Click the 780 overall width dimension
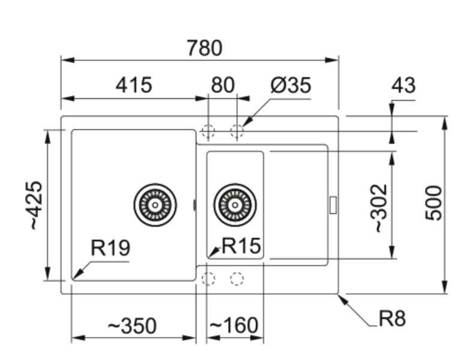(x=204, y=47)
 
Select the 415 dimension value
(x=134, y=85)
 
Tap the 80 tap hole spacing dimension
(x=222, y=85)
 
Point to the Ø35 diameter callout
(x=291, y=85)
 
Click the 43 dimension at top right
(x=403, y=85)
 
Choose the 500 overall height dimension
(x=433, y=203)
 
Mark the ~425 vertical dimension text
(x=35, y=205)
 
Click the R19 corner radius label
(x=110, y=247)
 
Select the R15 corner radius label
(x=241, y=246)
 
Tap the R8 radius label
(x=392, y=319)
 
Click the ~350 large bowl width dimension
(x=132, y=326)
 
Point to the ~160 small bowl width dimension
(x=234, y=326)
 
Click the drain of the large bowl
(x=155, y=205)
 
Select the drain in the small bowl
(x=234, y=205)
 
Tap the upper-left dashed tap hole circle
(x=208, y=131)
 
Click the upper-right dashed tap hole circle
(x=237, y=131)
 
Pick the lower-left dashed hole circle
(x=208, y=278)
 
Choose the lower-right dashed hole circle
(x=237, y=278)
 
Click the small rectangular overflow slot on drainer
(x=333, y=204)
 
